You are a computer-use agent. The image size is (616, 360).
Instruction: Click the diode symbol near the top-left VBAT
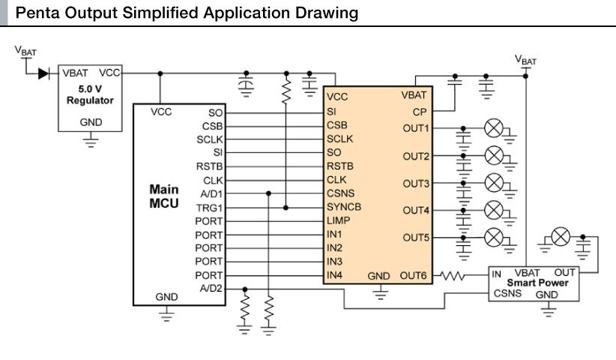[43, 73]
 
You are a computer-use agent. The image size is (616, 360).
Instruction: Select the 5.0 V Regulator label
[90, 94]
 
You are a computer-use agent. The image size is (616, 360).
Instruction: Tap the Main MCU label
[163, 196]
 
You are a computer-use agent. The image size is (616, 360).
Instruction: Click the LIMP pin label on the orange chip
[339, 220]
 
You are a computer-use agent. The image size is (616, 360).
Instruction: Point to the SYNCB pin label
[345, 207]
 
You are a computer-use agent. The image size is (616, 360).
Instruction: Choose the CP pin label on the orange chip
[420, 112]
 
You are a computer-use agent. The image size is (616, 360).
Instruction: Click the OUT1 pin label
[416, 128]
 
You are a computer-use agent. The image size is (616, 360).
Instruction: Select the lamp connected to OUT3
[493, 183]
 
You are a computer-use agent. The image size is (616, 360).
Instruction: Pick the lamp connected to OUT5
[493, 238]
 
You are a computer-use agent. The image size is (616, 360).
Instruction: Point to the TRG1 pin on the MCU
[210, 207]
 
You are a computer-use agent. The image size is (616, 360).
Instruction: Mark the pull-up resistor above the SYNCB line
[286, 91]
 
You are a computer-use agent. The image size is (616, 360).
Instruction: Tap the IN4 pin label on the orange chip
[335, 275]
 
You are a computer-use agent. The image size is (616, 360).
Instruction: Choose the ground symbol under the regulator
[90, 139]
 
